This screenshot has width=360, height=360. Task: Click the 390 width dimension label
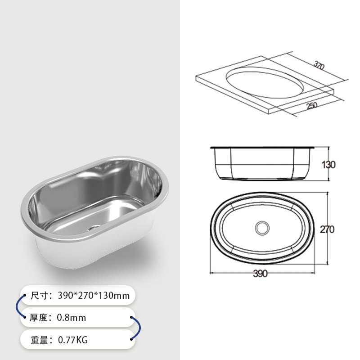point(260,274)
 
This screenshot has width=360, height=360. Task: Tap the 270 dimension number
point(327,229)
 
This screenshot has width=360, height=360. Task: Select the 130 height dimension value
point(328,165)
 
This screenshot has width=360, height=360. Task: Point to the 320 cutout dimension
point(319,66)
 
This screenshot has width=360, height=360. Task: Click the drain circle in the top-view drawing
point(261,227)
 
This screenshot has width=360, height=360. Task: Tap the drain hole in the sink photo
point(94,228)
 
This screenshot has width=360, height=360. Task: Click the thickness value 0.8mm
point(71,318)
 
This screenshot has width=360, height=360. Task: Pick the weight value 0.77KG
point(73,340)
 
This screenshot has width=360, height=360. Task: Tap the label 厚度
point(39,318)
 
